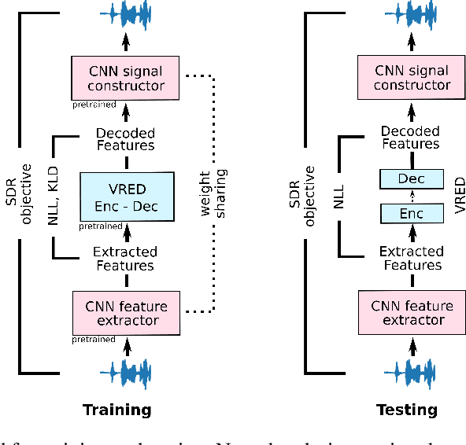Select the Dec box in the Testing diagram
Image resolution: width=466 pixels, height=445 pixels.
(411, 179)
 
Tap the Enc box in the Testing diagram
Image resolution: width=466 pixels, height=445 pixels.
(411, 213)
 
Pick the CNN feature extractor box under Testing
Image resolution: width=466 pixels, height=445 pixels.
(411, 313)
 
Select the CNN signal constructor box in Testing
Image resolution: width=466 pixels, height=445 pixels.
(411, 77)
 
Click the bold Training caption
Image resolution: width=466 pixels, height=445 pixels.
(117, 410)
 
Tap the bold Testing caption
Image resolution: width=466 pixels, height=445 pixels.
(406, 410)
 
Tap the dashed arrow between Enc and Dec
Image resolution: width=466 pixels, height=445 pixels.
(411, 197)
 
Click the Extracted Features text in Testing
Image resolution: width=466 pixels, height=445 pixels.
(411, 258)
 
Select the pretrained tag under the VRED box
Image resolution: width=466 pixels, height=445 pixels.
(101, 226)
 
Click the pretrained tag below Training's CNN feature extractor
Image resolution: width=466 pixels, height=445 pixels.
(94, 340)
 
